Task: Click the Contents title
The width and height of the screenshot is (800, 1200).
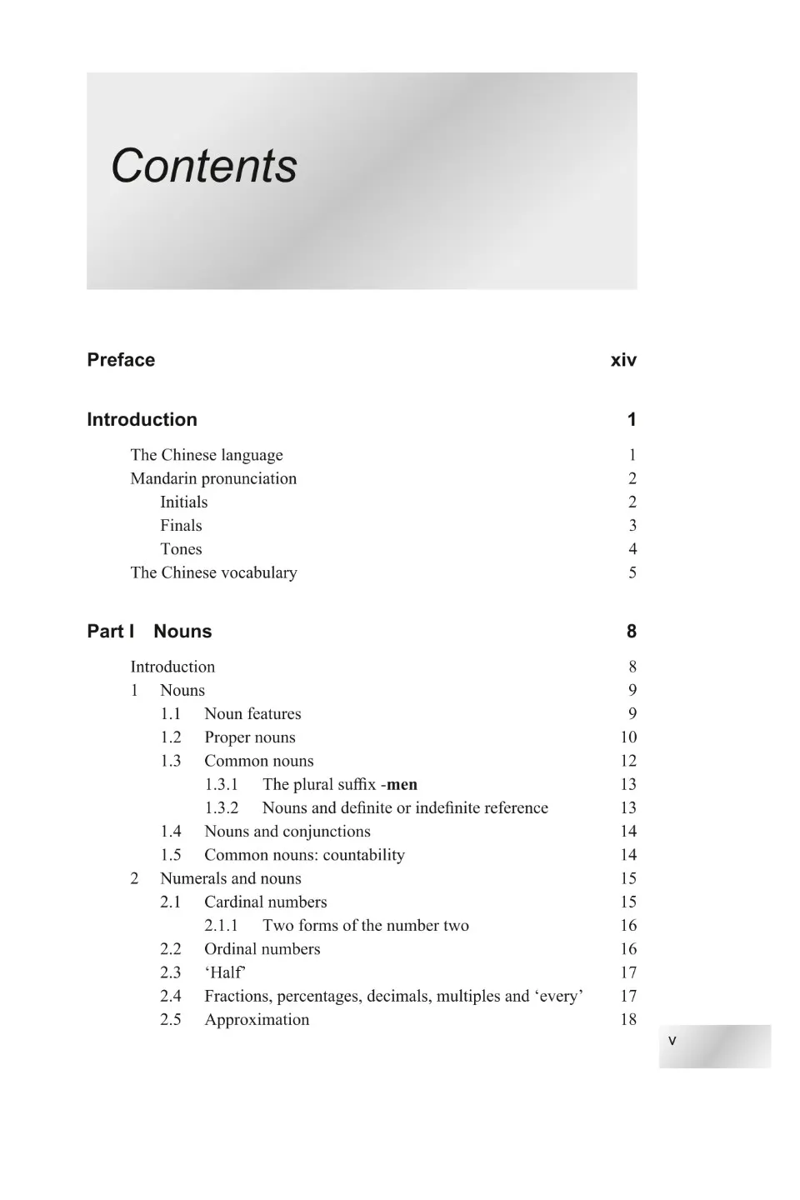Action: point(204,166)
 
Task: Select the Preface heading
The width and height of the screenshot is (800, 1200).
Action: point(121,360)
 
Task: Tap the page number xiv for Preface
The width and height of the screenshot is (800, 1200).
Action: point(623,360)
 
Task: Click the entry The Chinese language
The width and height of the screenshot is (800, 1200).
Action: point(207,455)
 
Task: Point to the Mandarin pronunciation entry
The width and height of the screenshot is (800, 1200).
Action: point(213,478)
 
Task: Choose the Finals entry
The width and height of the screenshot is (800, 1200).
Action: point(181,526)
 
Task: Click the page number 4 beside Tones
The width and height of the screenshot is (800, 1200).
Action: point(632,549)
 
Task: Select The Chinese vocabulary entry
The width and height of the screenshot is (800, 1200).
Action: point(213,572)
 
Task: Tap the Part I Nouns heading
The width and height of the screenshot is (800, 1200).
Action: point(149,632)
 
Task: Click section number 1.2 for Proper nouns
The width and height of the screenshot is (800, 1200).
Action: point(171,737)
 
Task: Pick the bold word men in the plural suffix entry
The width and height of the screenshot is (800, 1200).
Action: point(402,785)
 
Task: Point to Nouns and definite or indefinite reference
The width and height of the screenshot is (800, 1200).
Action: point(405,808)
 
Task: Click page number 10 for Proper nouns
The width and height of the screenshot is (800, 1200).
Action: point(628,737)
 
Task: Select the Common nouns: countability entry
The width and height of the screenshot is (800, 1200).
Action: point(304,855)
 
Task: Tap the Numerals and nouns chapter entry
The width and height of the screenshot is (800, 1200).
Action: point(231,878)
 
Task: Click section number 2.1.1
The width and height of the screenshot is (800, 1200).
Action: point(221,926)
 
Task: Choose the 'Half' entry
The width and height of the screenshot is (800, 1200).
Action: point(225,972)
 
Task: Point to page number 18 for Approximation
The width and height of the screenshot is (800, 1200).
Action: point(628,1020)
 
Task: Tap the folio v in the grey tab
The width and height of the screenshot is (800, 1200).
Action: point(672,1041)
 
